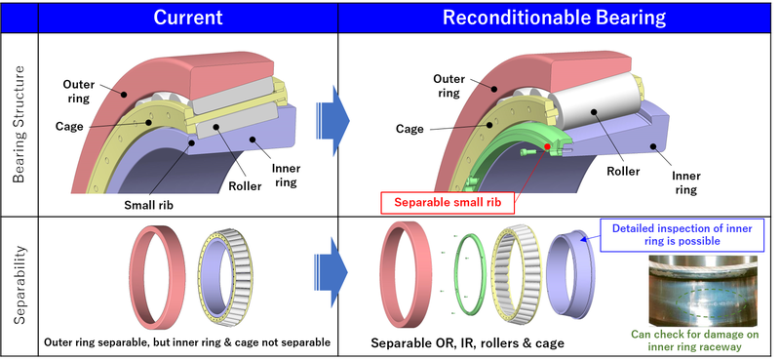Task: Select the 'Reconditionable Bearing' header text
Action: (x=555, y=17)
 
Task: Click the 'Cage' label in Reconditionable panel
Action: (x=415, y=128)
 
